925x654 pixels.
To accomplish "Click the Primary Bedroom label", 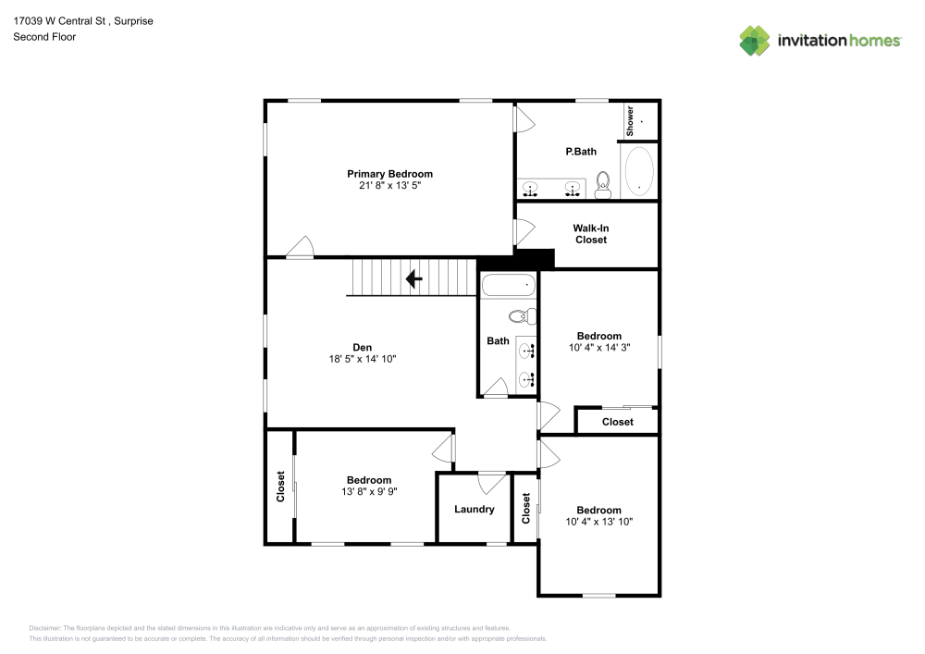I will coord(389,174).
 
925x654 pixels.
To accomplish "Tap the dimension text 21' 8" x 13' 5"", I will coord(389,186).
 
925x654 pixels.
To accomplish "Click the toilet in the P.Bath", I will coord(603,184).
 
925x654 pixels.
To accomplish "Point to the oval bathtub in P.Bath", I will coord(639,172).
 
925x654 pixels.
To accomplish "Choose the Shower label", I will coord(631,120).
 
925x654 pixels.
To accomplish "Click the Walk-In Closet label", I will coord(590,234).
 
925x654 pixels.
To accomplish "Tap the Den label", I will coord(362,347).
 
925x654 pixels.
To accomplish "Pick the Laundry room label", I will coord(474,509).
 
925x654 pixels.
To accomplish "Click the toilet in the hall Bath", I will coord(524,316).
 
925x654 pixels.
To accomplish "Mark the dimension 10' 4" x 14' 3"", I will coord(598,348).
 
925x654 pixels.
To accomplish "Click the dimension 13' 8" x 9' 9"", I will coord(368,491).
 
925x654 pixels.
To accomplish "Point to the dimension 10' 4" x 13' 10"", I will coord(598,522).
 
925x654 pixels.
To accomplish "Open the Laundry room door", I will coord(491,481).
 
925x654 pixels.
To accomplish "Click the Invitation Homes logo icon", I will coord(755,41).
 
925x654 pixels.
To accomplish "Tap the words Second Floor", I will coord(44,37).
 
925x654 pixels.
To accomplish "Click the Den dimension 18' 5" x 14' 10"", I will coord(362,359).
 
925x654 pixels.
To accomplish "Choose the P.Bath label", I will coord(581,151).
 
